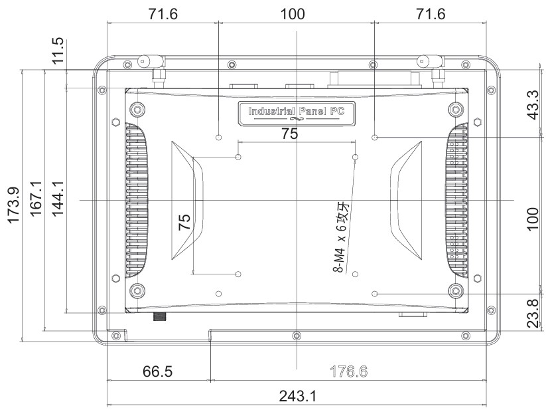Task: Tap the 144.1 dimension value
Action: pos(58,199)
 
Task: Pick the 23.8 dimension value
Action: pos(532,313)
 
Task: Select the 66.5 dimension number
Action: pos(158,371)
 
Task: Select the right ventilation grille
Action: pos(458,200)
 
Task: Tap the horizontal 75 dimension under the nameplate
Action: pos(289,134)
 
